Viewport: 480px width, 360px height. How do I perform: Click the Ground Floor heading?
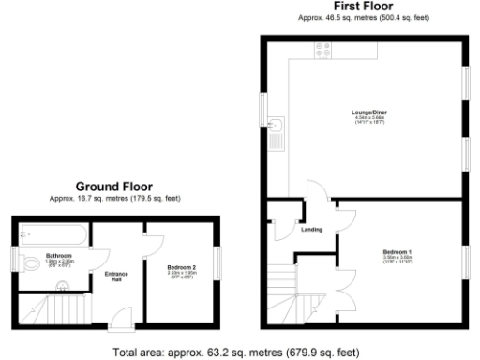coord(113,187)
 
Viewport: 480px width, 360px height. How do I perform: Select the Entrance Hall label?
coord(118,277)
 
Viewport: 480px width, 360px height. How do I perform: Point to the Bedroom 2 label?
coord(181,268)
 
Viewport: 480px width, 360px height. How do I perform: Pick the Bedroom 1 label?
coord(397,252)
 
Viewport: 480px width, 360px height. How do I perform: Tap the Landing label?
coord(311,230)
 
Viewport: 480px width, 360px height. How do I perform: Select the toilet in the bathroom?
coord(32,260)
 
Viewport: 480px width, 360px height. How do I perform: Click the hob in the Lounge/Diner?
coord(323,52)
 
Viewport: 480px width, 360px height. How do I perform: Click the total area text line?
coord(234,352)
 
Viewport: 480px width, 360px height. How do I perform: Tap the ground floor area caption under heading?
coord(113,199)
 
